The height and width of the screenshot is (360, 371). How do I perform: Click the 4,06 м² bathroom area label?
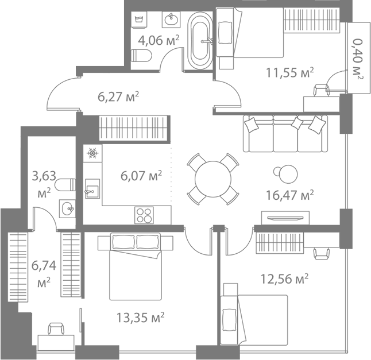point(159,40)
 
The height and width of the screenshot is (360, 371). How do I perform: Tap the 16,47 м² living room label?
point(290,195)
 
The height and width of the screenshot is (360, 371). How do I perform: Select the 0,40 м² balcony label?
point(358,59)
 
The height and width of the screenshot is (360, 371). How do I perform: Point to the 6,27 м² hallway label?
point(118,96)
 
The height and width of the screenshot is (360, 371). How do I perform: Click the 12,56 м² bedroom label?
point(284,279)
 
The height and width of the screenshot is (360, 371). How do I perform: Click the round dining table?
point(213,179)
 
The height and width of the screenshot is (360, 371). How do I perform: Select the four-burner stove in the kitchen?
point(144,215)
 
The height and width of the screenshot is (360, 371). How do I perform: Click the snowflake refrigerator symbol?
point(92,153)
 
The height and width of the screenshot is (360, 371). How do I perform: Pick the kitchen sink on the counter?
point(92,188)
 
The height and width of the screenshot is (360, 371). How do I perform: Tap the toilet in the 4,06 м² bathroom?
point(141,56)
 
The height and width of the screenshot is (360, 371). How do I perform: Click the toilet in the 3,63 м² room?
point(65,184)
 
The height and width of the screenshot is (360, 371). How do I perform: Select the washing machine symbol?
point(140,20)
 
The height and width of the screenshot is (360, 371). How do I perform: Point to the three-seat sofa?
point(285,133)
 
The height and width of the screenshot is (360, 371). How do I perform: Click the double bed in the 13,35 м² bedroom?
point(136,266)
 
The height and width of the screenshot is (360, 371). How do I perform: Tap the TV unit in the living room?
point(285,218)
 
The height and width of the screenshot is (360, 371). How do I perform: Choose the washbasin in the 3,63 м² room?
point(67,208)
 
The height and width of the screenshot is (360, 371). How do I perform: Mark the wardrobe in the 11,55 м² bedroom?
point(312,20)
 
